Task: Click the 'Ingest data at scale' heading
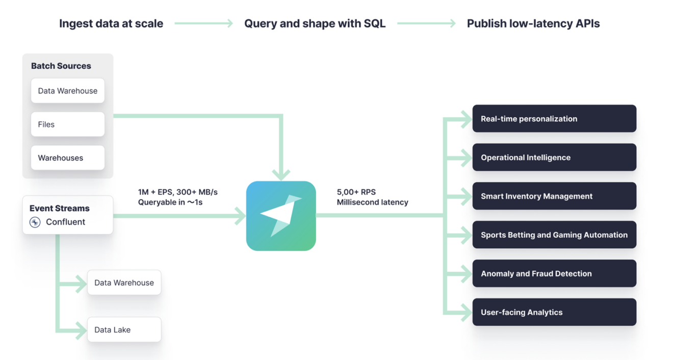(111, 23)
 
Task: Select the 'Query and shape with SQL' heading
(315, 23)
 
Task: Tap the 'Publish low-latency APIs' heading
(533, 23)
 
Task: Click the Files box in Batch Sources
(68, 124)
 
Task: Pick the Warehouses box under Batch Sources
(68, 158)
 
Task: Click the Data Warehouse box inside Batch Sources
(68, 91)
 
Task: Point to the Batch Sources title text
(61, 66)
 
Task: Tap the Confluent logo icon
(35, 222)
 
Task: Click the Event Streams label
(59, 208)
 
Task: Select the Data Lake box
(124, 330)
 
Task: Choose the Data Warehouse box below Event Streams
(124, 283)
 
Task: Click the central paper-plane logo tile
(281, 216)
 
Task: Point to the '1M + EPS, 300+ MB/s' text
(177, 192)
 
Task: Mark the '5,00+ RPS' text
(356, 192)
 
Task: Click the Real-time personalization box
(554, 119)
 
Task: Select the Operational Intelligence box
(554, 158)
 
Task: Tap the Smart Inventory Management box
(554, 196)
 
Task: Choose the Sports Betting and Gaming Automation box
(554, 235)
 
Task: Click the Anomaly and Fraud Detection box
(554, 274)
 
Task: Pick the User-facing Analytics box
(554, 313)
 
